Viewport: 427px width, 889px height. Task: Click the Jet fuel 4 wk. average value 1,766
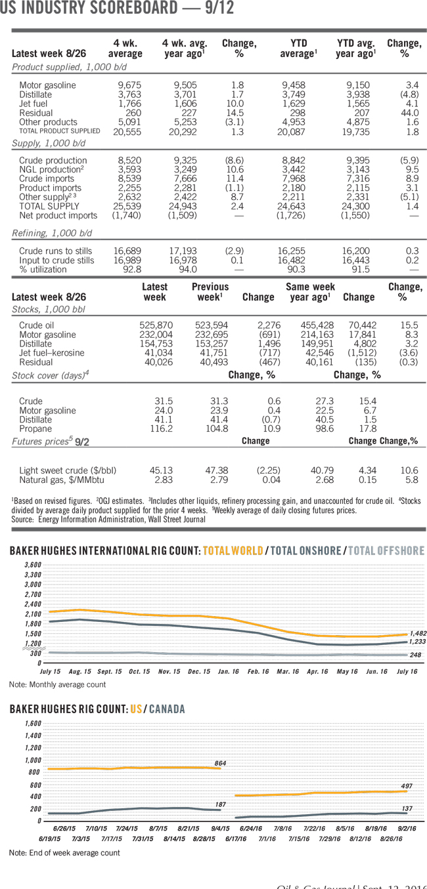click(129, 104)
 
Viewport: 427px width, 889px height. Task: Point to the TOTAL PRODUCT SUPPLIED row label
click(60, 131)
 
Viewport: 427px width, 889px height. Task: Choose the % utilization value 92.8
click(131, 269)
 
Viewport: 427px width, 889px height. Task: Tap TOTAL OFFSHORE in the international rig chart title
click(386, 551)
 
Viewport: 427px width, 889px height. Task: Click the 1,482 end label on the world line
click(418, 633)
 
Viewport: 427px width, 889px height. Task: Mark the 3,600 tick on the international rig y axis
click(32, 565)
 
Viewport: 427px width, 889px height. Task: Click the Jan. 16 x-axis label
click(229, 672)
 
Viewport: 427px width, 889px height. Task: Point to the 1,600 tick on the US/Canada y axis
click(32, 723)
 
